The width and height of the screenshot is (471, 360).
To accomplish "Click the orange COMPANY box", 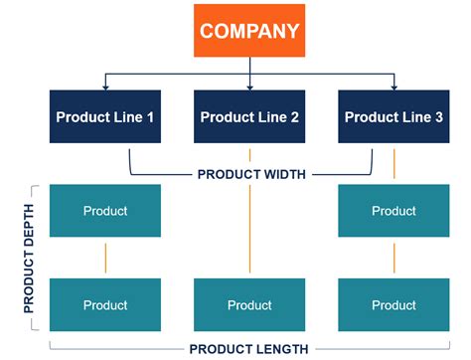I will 249,31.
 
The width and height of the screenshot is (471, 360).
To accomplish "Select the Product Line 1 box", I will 105,117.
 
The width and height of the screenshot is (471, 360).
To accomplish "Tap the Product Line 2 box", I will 249,117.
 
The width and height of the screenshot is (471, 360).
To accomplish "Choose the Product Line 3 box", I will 393,117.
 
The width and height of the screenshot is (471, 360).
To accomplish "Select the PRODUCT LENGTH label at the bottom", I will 248,349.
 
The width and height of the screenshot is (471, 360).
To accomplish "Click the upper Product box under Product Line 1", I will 105,211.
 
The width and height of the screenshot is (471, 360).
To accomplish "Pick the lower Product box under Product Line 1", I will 105,305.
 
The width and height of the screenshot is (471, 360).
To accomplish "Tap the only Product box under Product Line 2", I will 249,305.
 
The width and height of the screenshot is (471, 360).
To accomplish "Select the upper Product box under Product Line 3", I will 393,211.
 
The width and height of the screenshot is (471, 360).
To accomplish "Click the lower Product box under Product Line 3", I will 393,305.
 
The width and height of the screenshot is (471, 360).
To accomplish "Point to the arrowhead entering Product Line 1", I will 105,87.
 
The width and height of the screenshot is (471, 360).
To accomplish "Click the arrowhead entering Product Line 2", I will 249,87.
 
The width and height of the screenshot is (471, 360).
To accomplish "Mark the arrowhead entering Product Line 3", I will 393,87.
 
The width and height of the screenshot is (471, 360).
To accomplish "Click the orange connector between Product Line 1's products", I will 105,258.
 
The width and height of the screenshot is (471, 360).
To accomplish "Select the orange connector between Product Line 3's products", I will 393,258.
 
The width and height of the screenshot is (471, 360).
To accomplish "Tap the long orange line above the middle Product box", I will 249,229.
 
